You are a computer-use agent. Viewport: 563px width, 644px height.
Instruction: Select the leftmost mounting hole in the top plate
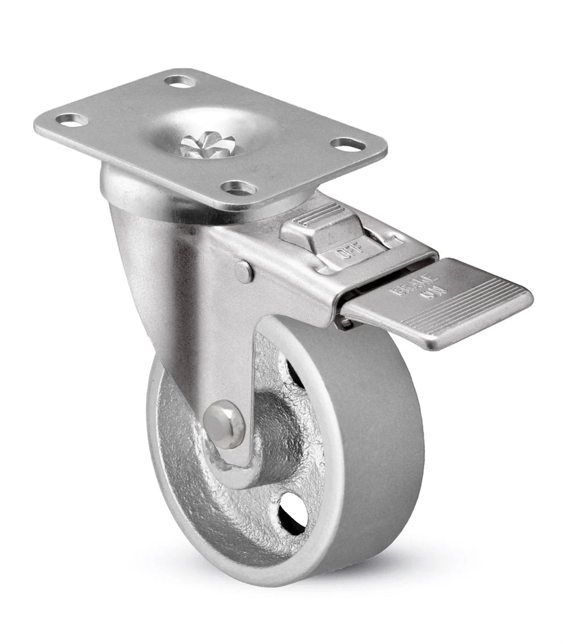coord(71,120)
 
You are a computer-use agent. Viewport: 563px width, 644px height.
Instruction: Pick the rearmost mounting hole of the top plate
coord(180,81)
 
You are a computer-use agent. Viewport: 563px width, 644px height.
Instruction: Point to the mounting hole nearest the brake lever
coord(345,144)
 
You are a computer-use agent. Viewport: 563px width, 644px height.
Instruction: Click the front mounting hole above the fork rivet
coord(239,188)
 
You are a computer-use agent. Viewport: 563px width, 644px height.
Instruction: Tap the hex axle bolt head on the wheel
coord(224,424)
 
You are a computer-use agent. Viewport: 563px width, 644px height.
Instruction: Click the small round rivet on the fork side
coord(244,272)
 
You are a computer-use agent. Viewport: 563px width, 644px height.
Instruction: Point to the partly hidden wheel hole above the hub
coord(293,372)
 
